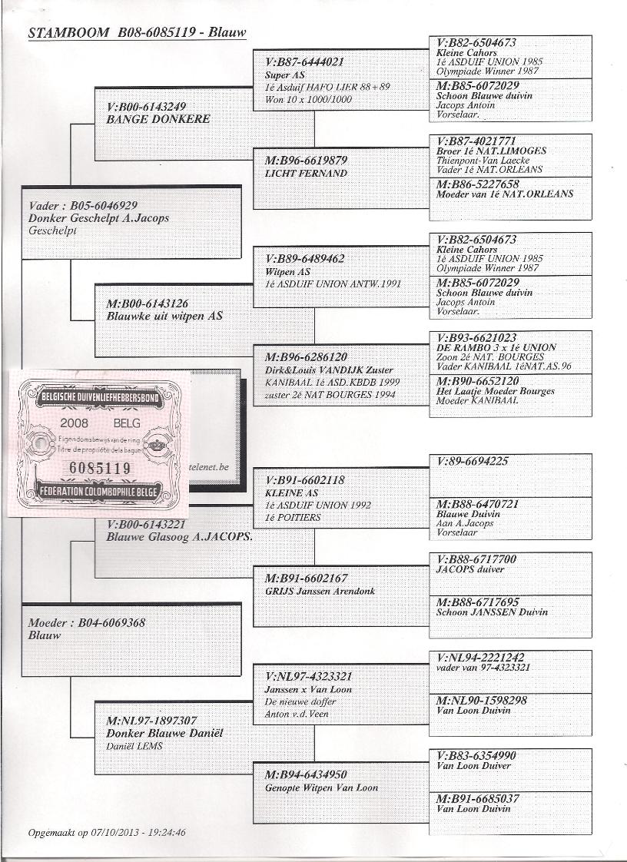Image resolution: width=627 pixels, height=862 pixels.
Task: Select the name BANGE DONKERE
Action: pyautogui.click(x=158, y=119)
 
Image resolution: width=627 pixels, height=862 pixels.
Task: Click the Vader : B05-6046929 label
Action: pyautogui.click(x=83, y=206)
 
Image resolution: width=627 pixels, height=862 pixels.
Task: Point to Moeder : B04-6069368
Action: pyautogui.click(x=86, y=623)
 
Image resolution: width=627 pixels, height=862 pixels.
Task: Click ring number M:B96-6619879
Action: pyautogui.click(x=306, y=161)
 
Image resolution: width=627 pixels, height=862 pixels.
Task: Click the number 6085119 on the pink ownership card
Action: pyautogui.click(x=100, y=467)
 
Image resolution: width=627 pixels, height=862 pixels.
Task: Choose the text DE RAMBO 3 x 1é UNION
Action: pyautogui.click(x=496, y=348)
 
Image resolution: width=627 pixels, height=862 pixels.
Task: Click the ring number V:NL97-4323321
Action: pyautogui.click(x=309, y=677)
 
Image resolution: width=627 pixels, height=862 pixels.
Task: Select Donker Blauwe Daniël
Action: pyautogui.click(x=164, y=734)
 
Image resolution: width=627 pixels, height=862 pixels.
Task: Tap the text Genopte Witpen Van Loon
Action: pyautogui.click(x=321, y=787)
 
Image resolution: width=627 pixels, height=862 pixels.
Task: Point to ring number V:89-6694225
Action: pyautogui.click(x=471, y=462)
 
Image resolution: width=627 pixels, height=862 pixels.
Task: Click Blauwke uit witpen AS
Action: pyautogui.click(x=164, y=316)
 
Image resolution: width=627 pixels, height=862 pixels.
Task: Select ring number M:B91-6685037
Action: pyautogui.click(x=477, y=799)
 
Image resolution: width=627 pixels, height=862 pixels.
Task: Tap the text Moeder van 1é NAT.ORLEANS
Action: pyautogui.click(x=504, y=194)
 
